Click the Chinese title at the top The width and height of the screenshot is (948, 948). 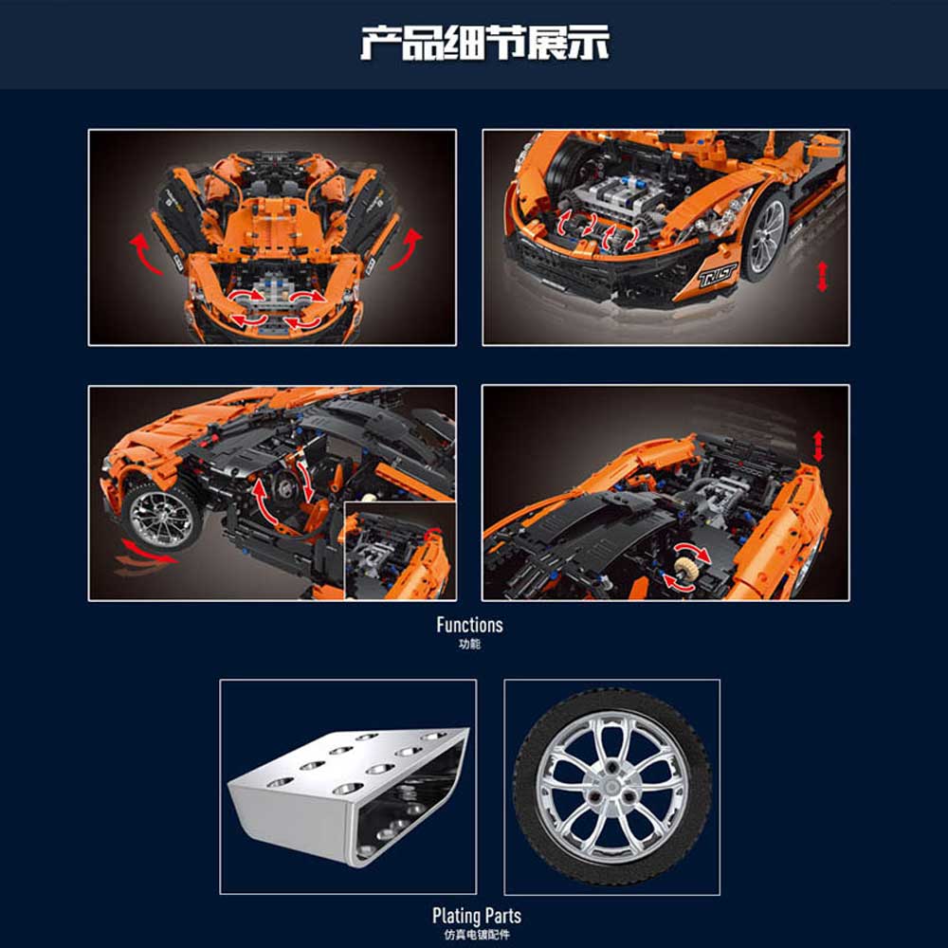click(x=484, y=43)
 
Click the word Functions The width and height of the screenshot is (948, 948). click(x=470, y=625)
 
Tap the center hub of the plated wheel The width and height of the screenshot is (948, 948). click(x=611, y=787)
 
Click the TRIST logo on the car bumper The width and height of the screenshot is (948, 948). click(x=718, y=275)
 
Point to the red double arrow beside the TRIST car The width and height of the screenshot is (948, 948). click(x=822, y=277)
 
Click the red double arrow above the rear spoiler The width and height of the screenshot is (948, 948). click(x=818, y=447)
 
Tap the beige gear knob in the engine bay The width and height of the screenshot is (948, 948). click(x=684, y=567)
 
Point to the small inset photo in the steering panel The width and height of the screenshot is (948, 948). click(x=400, y=551)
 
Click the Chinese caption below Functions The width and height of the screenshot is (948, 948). click(x=470, y=645)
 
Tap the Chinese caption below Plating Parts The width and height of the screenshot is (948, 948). click(x=477, y=935)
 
